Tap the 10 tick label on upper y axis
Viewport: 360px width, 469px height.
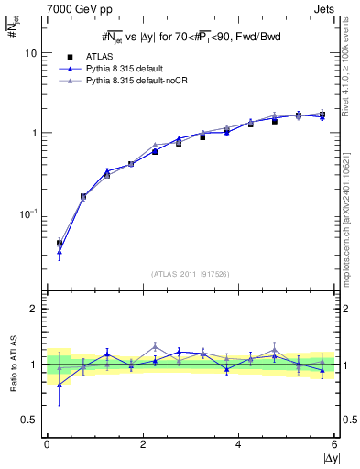31,53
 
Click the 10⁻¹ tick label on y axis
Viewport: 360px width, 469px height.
28,212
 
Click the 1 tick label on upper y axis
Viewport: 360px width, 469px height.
34,133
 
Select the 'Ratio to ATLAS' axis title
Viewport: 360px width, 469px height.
13,364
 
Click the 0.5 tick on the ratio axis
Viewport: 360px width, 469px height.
29,420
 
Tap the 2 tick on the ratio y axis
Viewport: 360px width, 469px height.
34,309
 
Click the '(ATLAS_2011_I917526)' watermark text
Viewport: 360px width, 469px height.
190,272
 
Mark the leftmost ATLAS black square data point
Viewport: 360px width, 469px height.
59,244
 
